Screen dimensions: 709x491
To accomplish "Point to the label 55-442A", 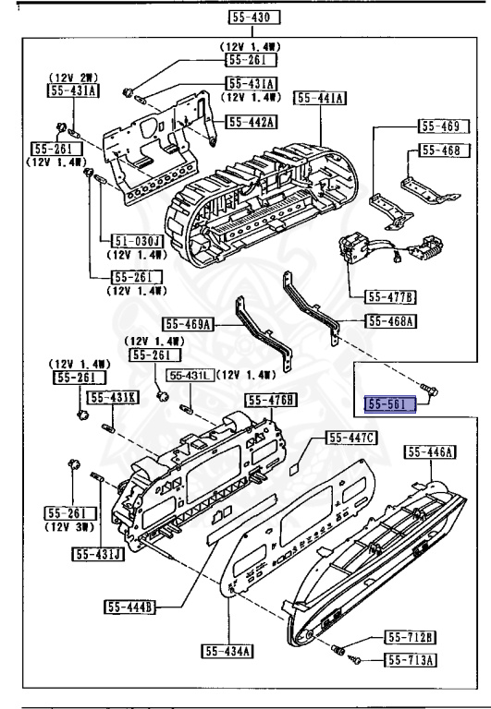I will [252, 121].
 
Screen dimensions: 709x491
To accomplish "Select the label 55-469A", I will [189, 324].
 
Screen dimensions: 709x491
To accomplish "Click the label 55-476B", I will [271, 399].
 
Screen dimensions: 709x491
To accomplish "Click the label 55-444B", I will [129, 607].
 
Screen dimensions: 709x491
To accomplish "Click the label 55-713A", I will [411, 659].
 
